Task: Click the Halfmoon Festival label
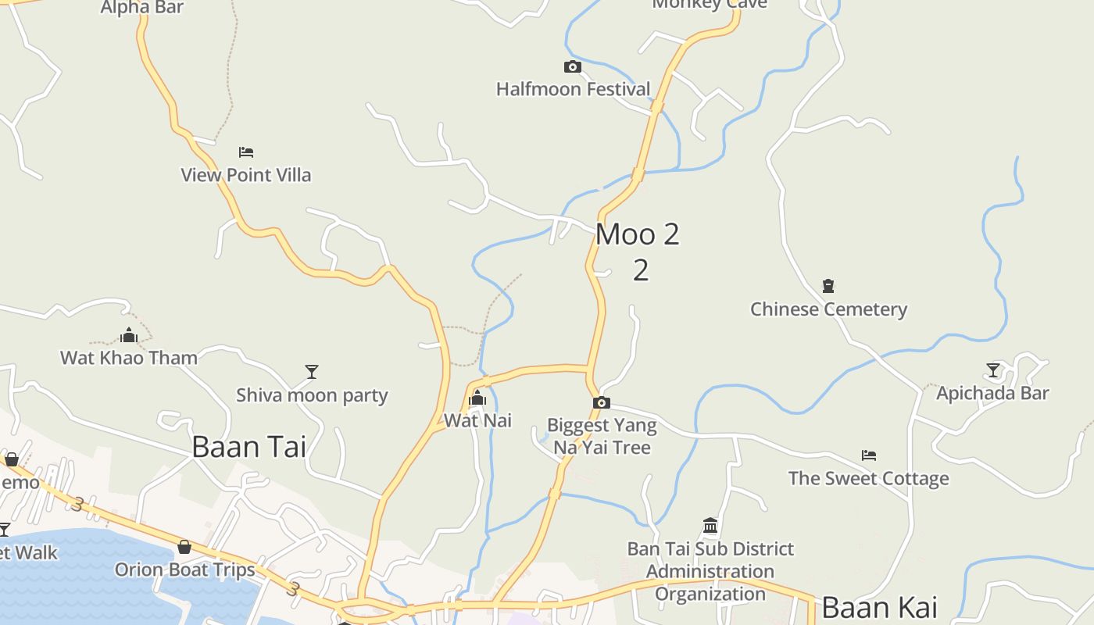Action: point(573,89)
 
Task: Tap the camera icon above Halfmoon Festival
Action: point(573,67)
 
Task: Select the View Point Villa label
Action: point(246,175)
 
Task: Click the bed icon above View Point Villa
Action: point(246,152)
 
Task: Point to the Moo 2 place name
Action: point(638,234)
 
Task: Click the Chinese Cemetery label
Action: point(828,309)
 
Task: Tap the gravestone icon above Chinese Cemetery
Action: point(828,286)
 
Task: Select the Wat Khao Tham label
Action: point(129,358)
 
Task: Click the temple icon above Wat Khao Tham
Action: point(129,336)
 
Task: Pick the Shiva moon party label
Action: point(312,395)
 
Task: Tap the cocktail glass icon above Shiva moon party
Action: point(312,372)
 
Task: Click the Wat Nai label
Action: point(477,420)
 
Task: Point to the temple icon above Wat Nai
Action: point(477,398)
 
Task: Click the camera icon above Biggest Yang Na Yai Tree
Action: point(601,403)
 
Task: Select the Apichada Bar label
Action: point(992,393)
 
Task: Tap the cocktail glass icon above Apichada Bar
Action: point(993,370)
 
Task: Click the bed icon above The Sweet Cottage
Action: point(868,455)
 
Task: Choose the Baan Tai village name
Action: point(248,447)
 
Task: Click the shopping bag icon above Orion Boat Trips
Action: point(184,547)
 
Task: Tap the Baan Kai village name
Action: point(879,607)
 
